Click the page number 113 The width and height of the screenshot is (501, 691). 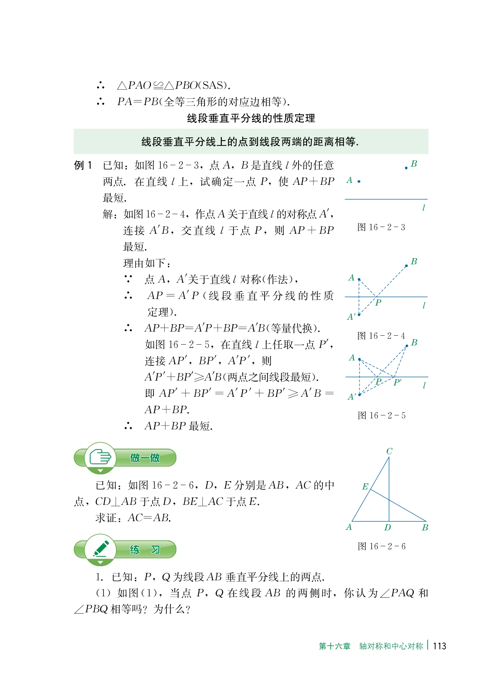click(x=439, y=646)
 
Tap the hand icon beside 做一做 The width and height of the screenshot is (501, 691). click(x=100, y=457)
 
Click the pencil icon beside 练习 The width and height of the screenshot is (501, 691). click(x=100, y=549)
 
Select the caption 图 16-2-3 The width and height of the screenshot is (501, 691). click(x=381, y=227)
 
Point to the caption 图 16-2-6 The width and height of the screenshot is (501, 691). click(x=381, y=546)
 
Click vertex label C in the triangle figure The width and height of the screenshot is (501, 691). click(x=389, y=451)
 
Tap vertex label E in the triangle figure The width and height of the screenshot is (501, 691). click(x=365, y=487)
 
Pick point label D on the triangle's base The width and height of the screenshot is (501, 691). click(x=387, y=527)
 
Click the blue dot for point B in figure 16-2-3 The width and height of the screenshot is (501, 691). click(x=406, y=168)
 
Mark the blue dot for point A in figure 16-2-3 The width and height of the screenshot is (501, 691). click(x=359, y=182)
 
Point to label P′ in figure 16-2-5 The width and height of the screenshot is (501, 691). click(x=397, y=382)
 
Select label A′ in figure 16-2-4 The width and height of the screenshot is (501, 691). click(x=351, y=317)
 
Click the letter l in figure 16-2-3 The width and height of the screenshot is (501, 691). click(x=424, y=208)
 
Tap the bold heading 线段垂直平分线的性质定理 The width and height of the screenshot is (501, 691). click(x=251, y=118)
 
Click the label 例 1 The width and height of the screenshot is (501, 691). click(x=83, y=165)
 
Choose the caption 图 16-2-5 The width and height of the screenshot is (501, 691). click(x=381, y=415)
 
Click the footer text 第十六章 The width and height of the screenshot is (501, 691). click(x=334, y=646)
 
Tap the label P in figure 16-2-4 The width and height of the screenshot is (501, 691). click(x=378, y=303)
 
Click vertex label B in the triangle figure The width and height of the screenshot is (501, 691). click(x=425, y=527)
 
